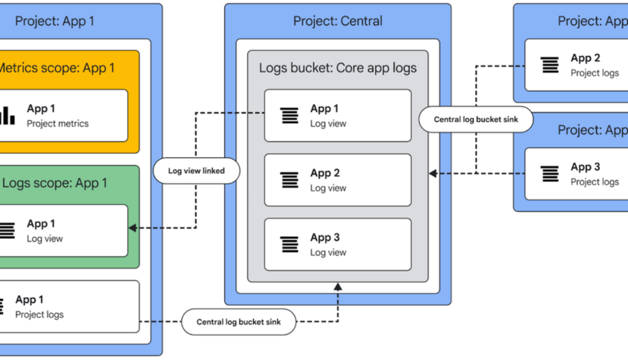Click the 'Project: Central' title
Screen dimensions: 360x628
338,21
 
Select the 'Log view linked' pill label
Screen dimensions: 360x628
196,171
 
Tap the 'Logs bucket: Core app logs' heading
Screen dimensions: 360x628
338,68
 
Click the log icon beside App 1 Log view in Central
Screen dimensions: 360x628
290,115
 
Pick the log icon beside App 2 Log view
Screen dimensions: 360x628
290,180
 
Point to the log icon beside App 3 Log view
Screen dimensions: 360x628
290,244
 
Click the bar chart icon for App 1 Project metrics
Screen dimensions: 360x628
7,115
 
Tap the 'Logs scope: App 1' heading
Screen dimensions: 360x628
55,183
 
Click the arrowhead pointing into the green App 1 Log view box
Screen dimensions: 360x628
132,228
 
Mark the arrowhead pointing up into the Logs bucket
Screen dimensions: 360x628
338,286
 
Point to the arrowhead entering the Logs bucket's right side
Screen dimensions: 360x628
433,173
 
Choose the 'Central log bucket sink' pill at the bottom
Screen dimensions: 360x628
238,322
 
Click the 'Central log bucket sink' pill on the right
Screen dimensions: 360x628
476,120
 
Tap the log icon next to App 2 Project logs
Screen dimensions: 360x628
550,65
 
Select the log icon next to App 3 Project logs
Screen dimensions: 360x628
550,174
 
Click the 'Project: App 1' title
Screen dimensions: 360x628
54,21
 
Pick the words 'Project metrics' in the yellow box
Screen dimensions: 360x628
58,123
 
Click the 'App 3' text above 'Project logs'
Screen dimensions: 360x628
585,167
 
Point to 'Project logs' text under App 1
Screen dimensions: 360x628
39,315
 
